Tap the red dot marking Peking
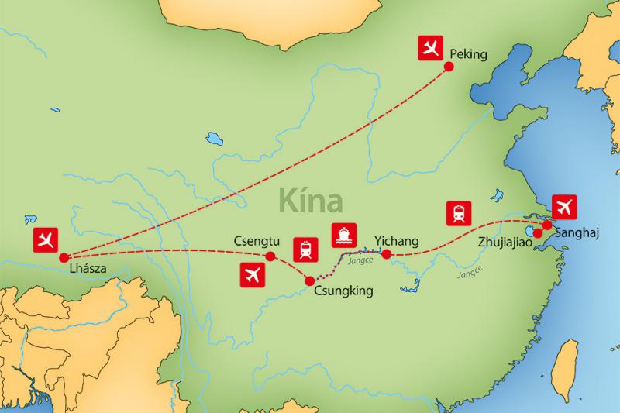[448, 67]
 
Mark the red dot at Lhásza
[62, 257]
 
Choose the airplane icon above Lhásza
[46, 239]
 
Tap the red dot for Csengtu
[270, 256]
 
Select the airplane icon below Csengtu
[253, 274]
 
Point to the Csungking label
[344, 291]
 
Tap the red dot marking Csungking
[310, 280]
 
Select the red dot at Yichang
[386, 253]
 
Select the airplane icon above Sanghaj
[566, 206]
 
